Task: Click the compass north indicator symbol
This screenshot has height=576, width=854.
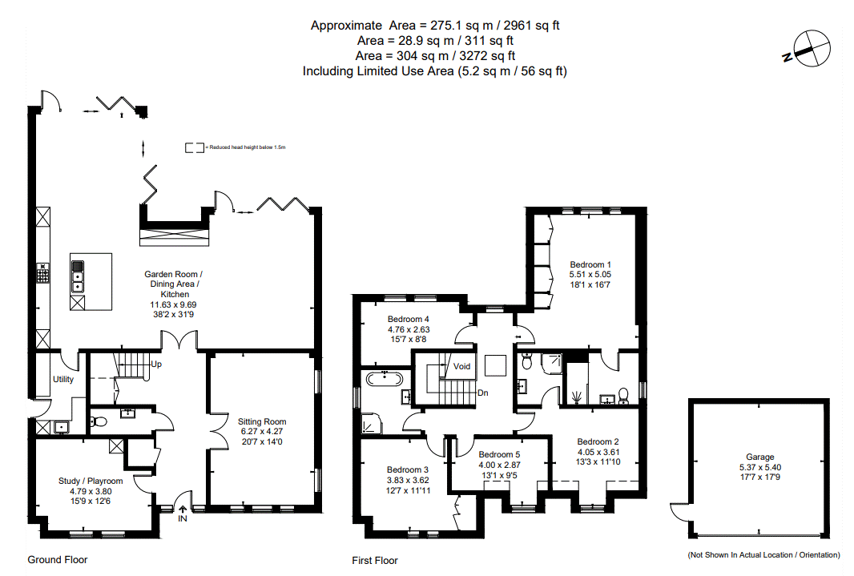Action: click(807, 47)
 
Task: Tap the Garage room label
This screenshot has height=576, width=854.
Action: click(759, 457)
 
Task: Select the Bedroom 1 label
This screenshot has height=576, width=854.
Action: click(590, 264)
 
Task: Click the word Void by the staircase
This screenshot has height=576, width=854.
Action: click(462, 367)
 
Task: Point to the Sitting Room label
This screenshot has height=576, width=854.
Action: click(262, 421)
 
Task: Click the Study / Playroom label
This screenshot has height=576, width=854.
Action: click(91, 481)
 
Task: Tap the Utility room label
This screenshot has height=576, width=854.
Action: click(64, 379)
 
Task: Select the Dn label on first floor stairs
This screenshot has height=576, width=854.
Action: click(482, 393)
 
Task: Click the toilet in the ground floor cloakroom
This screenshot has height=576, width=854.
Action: click(98, 421)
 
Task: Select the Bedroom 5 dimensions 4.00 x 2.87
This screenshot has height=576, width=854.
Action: click(499, 465)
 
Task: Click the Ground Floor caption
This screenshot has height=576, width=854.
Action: click(58, 559)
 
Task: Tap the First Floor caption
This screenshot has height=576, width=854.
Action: click(375, 560)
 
